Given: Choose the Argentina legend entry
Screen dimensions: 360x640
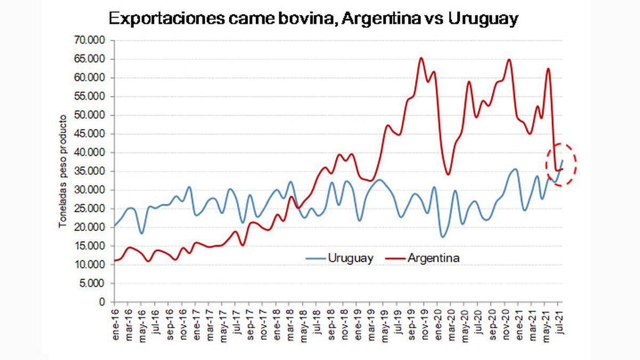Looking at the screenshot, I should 434,258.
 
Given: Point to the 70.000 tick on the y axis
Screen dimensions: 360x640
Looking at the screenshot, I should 93,41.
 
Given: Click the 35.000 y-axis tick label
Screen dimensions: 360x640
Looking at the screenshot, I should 93,171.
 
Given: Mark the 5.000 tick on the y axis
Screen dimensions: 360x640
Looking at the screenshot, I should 95,283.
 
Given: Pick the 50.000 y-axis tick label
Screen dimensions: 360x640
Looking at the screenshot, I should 93,115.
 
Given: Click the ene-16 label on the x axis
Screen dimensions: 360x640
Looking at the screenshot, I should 115,322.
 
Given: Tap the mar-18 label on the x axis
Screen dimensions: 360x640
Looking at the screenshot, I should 290,322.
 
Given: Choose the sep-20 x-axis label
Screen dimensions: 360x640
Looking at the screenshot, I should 492,322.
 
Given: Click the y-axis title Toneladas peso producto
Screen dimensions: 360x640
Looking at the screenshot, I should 63,171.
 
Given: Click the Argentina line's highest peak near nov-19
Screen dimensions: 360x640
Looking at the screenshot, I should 421,58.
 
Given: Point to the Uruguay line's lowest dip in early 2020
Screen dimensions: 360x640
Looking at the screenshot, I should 443,237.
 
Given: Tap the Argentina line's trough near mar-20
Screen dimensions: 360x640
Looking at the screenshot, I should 448,174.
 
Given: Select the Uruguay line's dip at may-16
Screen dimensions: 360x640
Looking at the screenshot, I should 141,233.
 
